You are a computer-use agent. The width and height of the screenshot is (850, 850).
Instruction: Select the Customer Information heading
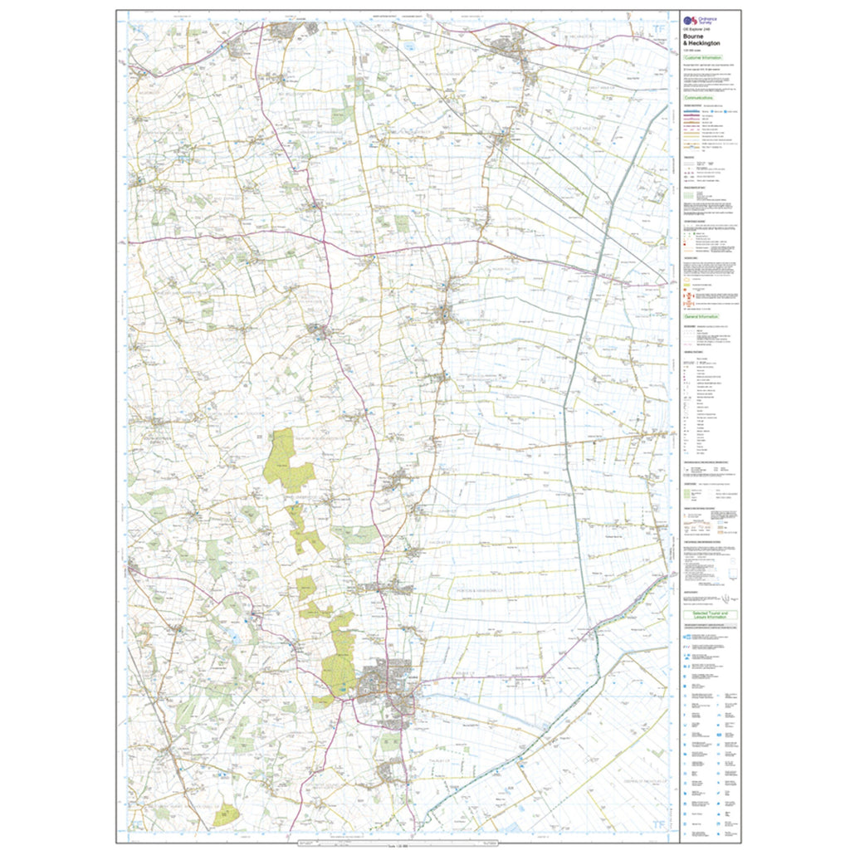(x=702, y=57)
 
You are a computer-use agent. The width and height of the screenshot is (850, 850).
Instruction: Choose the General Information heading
(x=701, y=316)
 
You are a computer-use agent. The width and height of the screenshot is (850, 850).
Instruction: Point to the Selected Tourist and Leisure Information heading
(x=710, y=616)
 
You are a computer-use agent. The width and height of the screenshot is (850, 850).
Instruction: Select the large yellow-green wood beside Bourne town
(x=340, y=656)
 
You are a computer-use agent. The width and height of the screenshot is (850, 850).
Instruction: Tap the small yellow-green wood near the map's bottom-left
(x=225, y=813)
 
